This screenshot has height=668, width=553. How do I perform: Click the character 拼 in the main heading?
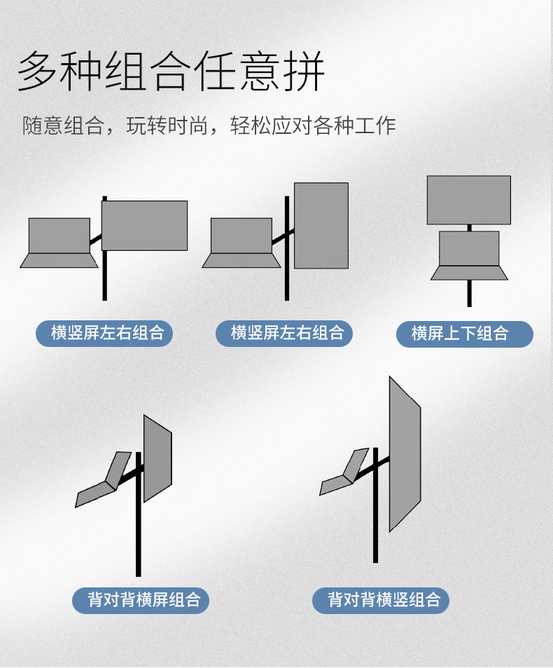[x=304, y=71]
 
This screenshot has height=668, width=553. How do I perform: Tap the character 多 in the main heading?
[x=37, y=71]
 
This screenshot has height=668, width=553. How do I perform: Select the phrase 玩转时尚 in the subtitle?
[x=167, y=125]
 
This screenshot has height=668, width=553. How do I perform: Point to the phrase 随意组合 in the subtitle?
[x=64, y=125]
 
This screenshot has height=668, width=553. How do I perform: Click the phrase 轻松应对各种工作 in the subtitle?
[x=313, y=125]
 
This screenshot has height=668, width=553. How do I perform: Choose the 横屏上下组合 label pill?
[x=465, y=334]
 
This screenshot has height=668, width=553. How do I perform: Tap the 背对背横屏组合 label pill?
[x=141, y=600]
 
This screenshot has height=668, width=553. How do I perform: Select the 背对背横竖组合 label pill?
[x=381, y=600]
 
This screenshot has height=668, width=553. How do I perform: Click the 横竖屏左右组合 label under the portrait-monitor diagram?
[x=284, y=333]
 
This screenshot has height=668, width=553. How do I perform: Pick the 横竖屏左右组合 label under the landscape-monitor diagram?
[x=104, y=333]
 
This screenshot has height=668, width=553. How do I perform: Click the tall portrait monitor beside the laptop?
[x=321, y=226]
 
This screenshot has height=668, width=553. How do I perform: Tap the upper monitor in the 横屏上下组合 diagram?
[x=469, y=200]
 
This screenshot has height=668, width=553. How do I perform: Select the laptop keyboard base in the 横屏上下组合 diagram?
[x=469, y=273]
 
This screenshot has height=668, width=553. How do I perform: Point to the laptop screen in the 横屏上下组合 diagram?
[x=469, y=249]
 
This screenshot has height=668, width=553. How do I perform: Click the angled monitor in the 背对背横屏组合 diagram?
[x=157, y=458]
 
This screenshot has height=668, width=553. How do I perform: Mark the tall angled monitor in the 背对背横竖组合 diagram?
[x=405, y=454]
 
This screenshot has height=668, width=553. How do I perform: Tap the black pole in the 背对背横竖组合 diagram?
[x=375, y=505]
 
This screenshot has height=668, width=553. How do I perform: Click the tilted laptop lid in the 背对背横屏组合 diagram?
[x=118, y=471]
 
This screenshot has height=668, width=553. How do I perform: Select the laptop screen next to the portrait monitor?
[x=241, y=236]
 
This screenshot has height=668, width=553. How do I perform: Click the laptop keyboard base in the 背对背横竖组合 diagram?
[x=336, y=485]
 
